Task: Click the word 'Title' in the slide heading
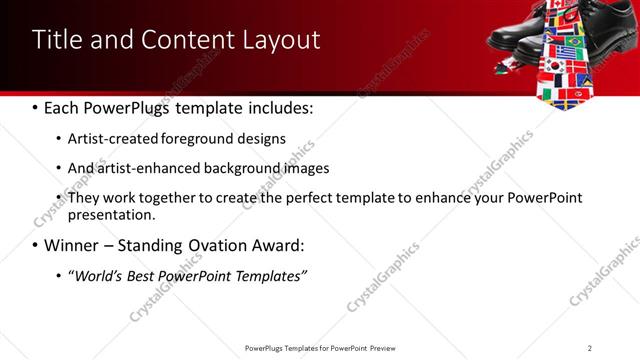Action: tap(56, 40)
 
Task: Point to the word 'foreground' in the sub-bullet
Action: tap(207, 139)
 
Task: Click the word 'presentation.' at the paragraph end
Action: tap(111, 214)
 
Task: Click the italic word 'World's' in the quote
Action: tap(98, 275)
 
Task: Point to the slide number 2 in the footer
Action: tap(590, 348)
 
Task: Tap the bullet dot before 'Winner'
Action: tap(37, 246)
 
